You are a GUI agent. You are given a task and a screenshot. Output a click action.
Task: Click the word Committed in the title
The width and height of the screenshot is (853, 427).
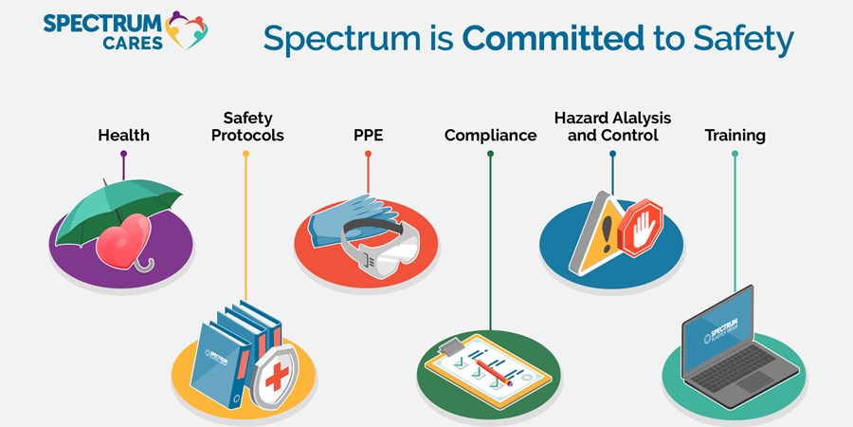(x=553, y=38)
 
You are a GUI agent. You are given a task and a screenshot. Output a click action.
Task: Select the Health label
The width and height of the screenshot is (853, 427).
(x=123, y=136)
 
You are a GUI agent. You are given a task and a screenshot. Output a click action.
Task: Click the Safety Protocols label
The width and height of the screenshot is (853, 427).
(x=247, y=126)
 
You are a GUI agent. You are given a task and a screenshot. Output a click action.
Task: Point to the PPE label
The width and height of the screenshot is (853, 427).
(x=369, y=135)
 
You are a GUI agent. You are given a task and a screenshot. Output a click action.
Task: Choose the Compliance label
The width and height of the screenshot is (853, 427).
(x=491, y=136)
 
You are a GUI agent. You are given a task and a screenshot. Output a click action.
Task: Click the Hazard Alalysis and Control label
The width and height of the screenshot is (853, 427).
(x=612, y=126)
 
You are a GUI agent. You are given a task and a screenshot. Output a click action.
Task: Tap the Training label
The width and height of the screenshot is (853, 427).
(x=735, y=136)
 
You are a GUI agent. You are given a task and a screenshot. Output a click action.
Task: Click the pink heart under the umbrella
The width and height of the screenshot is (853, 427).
(x=123, y=241)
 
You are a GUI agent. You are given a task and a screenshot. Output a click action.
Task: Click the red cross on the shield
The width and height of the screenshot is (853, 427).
(x=277, y=377)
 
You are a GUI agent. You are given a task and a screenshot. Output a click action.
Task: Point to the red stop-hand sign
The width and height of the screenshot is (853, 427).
(x=642, y=227)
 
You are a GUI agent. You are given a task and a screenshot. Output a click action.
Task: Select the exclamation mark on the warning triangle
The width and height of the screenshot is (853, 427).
(x=607, y=231)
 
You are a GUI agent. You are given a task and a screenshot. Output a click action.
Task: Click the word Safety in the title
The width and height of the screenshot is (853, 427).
(x=743, y=39)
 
